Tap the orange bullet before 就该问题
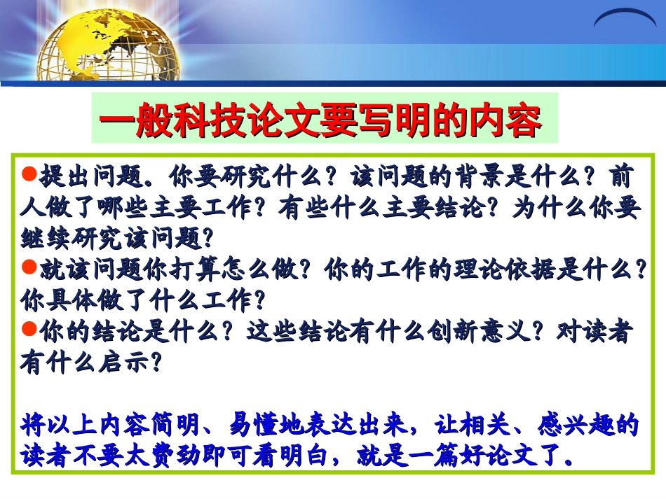pos(31,267)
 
